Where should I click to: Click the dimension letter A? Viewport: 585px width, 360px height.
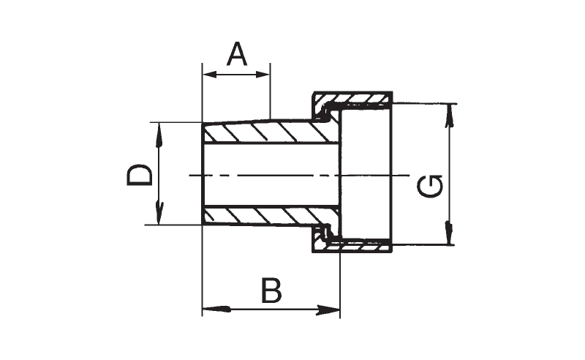click(x=236, y=55)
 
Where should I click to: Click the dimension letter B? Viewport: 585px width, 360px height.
click(x=270, y=291)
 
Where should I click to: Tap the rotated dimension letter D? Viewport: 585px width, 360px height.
click(x=140, y=175)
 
